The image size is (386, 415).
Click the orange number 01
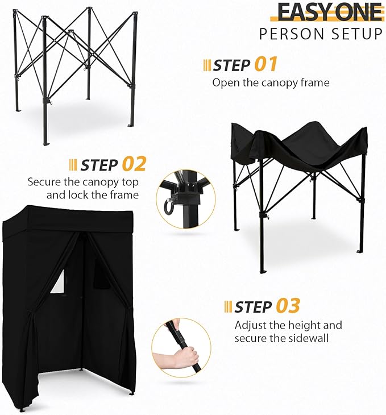tap(265, 64)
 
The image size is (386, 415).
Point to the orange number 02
tap(134, 164)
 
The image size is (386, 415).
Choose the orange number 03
tap(288, 306)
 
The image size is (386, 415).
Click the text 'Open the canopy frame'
tap(271, 82)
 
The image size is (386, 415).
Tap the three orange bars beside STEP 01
tap(207, 65)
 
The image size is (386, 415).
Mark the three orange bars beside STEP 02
tap(73, 165)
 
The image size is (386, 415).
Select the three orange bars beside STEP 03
tap(228, 307)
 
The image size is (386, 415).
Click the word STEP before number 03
tap(253, 307)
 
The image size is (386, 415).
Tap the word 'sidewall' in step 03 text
tap(322, 339)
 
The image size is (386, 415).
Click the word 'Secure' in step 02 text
tap(43, 182)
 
